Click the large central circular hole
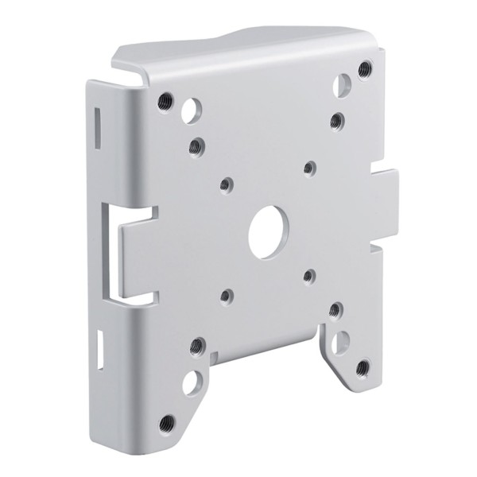[x=267, y=231]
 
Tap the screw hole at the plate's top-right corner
[x=364, y=69]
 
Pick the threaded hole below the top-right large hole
[x=336, y=120]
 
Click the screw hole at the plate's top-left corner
[x=165, y=101]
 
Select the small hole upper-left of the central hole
[x=226, y=184]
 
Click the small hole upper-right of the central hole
[x=309, y=167]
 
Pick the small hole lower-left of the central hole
[x=226, y=296]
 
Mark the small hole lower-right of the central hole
[x=309, y=277]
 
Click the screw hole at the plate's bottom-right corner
[x=363, y=368]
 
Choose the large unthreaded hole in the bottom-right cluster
[x=340, y=341]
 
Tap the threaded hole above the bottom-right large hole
[x=335, y=308]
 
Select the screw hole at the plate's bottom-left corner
[x=167, y=422]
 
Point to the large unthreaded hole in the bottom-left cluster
[x=191, y=382]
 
